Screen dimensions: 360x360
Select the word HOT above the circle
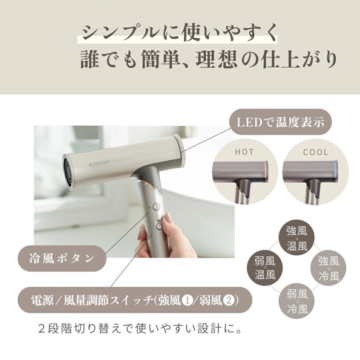point(244,152)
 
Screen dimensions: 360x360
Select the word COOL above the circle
point(315,152)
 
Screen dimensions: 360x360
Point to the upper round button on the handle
point(156,207)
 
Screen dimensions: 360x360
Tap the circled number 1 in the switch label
point(185,299)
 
